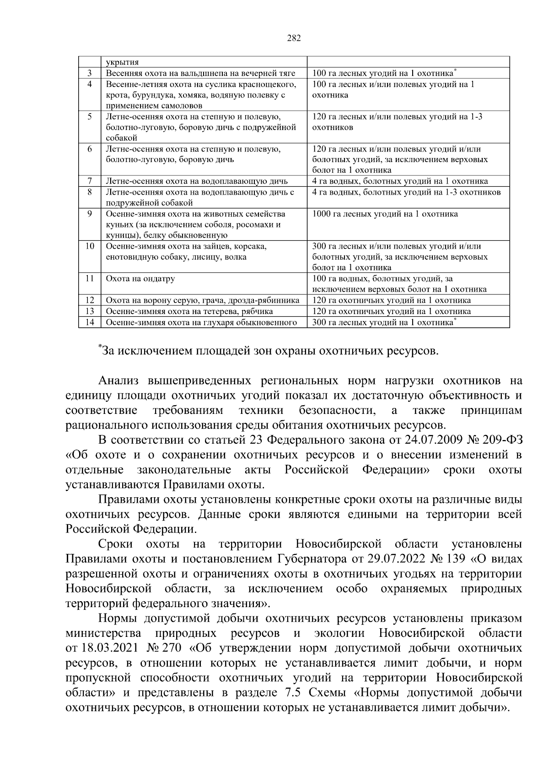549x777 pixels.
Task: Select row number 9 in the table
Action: tap(90, 214)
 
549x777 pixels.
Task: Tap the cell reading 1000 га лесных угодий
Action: tap(384, 214)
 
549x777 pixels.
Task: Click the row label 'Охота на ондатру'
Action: tap(140, 278)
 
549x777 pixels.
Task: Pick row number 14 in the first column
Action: tap(90, 322)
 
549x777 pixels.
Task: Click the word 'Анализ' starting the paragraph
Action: tap(119, 381)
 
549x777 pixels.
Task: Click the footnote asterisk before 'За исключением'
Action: tap(99, 348)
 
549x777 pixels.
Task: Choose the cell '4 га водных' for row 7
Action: tap(400, 181)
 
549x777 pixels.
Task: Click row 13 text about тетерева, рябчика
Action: tap(189, 311)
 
